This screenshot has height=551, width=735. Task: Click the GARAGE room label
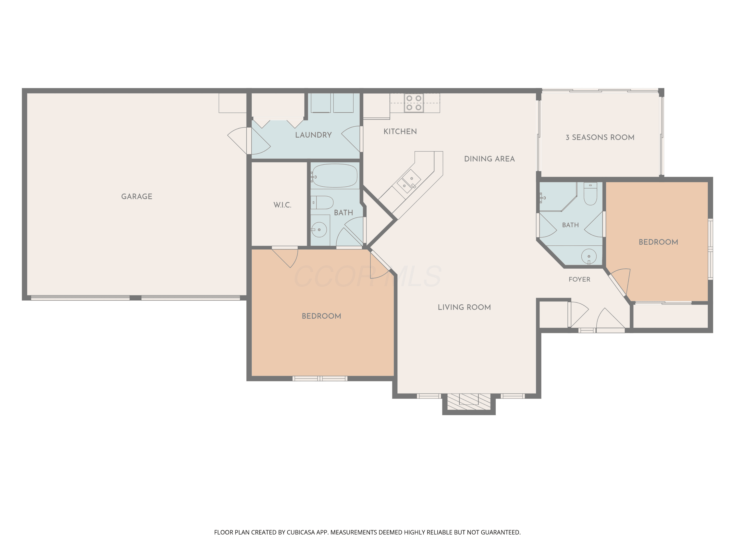(x=136, y=196)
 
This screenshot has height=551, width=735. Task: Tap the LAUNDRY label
(x=313, y=135)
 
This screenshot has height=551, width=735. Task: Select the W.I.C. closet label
(x=282, y=205)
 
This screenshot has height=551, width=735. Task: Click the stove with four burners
(x=414, y=103)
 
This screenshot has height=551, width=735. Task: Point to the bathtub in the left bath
(x=335, y=176)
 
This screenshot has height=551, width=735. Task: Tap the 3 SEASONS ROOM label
(x=600, y=137)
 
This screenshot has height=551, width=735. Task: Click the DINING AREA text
(x=490, y=159)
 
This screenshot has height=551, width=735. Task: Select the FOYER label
(x=579, y=279)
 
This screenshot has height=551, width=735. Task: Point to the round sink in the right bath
(x=589, y=256)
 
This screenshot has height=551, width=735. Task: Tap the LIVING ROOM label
(x=464, y=307)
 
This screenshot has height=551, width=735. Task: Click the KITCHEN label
(x=400, y=132)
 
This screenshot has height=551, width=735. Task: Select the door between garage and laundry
(x=249, y=141)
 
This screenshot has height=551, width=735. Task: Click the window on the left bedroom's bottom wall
(x=320, y=378)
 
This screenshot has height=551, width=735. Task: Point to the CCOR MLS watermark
(x=367, y=276)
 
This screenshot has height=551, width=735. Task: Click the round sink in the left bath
(x=319, y=229)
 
